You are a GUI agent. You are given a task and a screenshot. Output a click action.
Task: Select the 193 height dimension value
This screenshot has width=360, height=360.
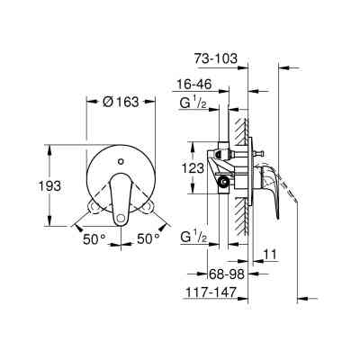(x=51, y=186)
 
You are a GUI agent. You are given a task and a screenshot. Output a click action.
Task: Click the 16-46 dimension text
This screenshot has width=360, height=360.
(x=193, y=85)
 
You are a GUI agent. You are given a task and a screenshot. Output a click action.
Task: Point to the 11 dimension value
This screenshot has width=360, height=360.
(x=270, y=255)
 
